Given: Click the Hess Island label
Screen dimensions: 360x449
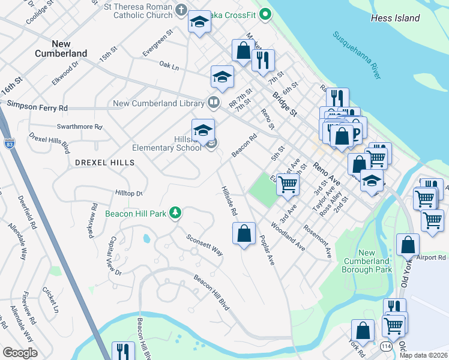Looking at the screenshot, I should click(x=395, y=19).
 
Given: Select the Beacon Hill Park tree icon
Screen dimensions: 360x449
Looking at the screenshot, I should click(x=175, y=212).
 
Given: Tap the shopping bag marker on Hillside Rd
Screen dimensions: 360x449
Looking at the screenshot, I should click(x=244, y=233).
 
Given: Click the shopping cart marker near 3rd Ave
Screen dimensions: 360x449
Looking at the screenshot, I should click(x=288, y=184).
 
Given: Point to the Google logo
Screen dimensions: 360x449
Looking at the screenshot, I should click(x=20, y=353).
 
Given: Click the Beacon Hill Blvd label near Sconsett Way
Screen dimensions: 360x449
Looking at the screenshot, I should click(x=211, y=293).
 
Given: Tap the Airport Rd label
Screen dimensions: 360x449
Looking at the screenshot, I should click(x=433, y=257).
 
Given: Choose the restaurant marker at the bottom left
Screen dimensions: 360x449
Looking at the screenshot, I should click(x=124, y=352).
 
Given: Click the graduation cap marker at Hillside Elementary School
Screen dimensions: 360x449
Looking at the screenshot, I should click(x=203, y=130).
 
